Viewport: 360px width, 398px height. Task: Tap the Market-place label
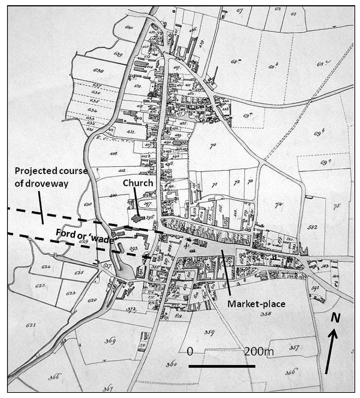(x=256, y=304)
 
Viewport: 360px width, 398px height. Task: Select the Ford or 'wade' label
(x=85, y=236)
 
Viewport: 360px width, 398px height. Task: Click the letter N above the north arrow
(x=336, y=318)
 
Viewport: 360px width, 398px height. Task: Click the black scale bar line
(x=222, y=366)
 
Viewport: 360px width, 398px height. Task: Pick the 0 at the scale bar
(x=190, y=351)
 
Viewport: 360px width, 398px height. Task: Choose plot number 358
(x=266, y=314)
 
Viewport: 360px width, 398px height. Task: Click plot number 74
(x=278, y=204)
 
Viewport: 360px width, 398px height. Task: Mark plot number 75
(x=336, y=206)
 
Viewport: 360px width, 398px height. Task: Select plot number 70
(x=213, y=146)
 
